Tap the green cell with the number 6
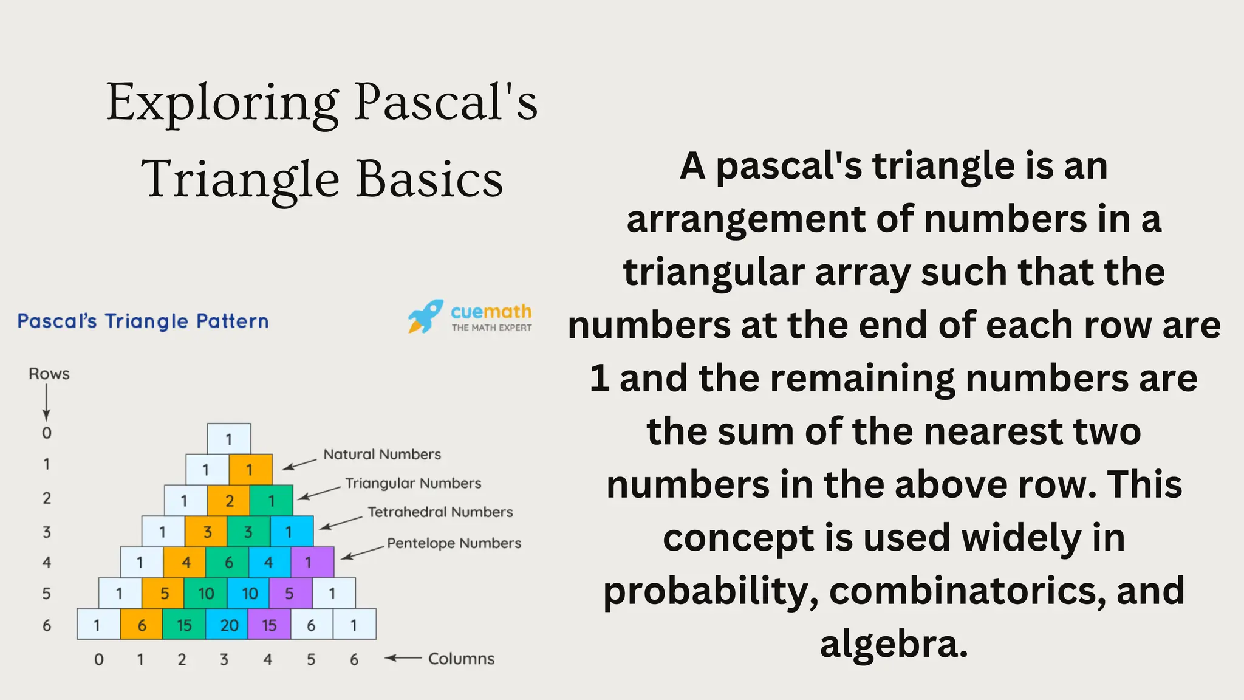coord(228,562)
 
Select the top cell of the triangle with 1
coord(229,439)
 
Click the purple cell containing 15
coord(269,625)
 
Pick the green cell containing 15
coord(184,625)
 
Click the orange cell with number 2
coord(229,500)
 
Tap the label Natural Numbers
coord(382,455)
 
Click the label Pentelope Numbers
coord(454,543)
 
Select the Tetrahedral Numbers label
coord(440,512)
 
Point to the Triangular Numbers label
coord(413,483)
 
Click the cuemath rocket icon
coord(425,316)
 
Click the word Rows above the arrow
coord(49,374)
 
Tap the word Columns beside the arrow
coord(461,659)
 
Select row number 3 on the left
coord(47,532)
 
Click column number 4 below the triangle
coord(268,659)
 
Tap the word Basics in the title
coord(429,180)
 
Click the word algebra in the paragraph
coord(894,644)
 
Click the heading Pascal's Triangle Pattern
coord(143,321)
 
